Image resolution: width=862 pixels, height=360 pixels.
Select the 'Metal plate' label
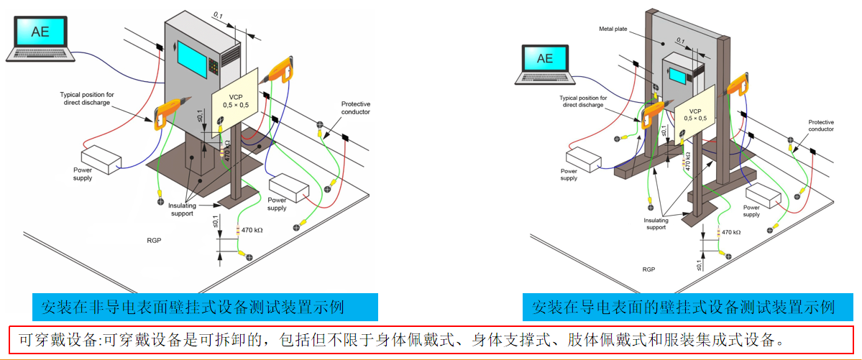coord(613,29)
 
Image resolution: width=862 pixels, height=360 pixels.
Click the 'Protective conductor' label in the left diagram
coord(355,108)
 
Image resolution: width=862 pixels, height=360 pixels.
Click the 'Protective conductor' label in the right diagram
coord(820,125)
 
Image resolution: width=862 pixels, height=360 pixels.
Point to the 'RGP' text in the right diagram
coord(648,269)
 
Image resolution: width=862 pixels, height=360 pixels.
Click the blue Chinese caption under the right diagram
coord(682,308)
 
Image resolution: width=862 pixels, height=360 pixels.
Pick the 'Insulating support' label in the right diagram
coord(656,223)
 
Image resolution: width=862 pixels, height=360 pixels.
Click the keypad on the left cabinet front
coord(214,68)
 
